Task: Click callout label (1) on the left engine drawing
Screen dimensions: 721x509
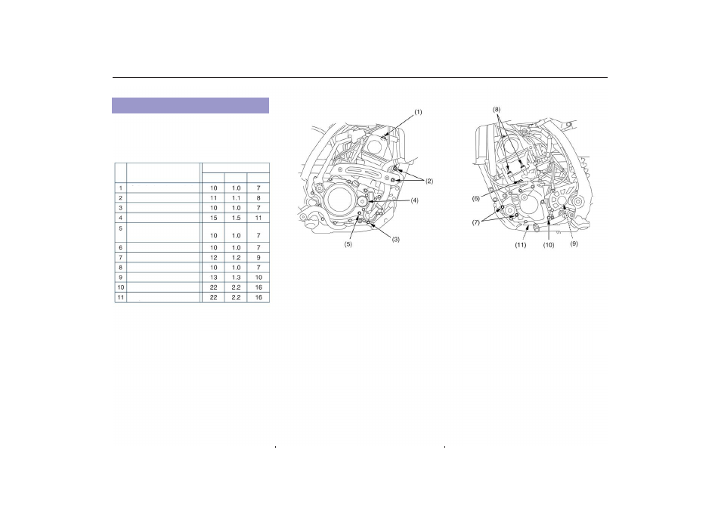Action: coord(418,112)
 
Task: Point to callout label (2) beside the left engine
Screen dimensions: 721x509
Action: coord(429,181)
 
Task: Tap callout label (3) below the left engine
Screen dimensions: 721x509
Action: coord(395,239)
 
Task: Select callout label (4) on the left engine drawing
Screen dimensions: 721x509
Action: coord(414,200)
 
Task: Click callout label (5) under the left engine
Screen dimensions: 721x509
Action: coord(348,244)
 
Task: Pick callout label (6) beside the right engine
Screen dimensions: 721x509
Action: coord(476,199)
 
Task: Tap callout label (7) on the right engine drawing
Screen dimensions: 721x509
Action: coord(476,223)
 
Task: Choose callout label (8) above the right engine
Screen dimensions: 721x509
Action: coord(497,110)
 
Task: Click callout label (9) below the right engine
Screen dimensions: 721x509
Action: coord(574,244)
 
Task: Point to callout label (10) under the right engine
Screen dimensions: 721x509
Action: coord(549,245)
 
